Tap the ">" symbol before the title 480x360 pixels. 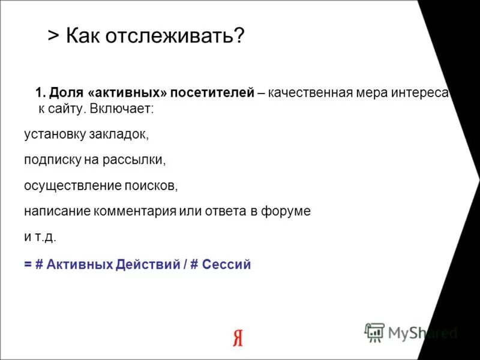click(53, 37)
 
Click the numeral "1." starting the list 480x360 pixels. click(41, 94)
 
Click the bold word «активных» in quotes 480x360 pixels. click(127, 94)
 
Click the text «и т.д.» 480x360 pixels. click(40, 236)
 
